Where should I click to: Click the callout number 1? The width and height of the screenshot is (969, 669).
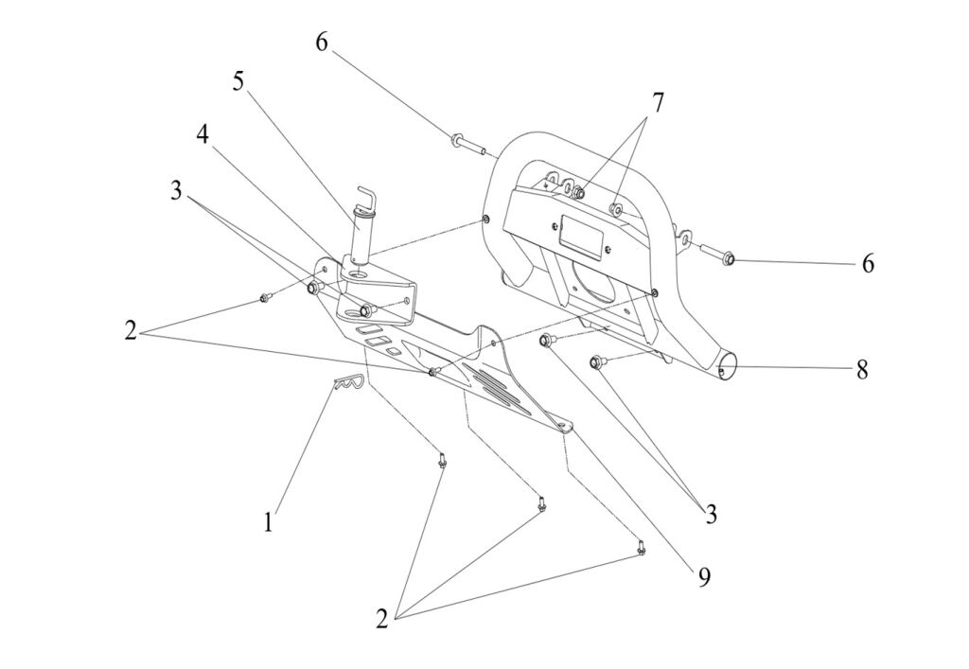[x=269, y=520]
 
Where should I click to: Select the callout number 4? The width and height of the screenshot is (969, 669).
[x=203, y=134]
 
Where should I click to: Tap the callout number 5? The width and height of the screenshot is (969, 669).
[x=238, y=81]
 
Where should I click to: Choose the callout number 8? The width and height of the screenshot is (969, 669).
[x=862, y=369]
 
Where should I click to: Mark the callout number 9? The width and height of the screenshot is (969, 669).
[x=703, y=577]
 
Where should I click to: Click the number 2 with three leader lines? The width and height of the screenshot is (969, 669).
[x=381, y=620]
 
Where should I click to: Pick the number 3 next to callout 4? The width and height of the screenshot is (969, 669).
[x=176, y=189]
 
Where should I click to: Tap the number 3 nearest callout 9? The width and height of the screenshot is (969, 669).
[x=710, y=514]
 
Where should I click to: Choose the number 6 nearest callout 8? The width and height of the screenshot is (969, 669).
[x=868, y=263]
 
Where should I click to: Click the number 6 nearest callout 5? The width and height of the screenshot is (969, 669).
[x=322, y=44]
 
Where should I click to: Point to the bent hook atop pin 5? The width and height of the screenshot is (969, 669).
[x=364, y=200]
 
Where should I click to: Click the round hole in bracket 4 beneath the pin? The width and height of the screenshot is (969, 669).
[x=357, y=273]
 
